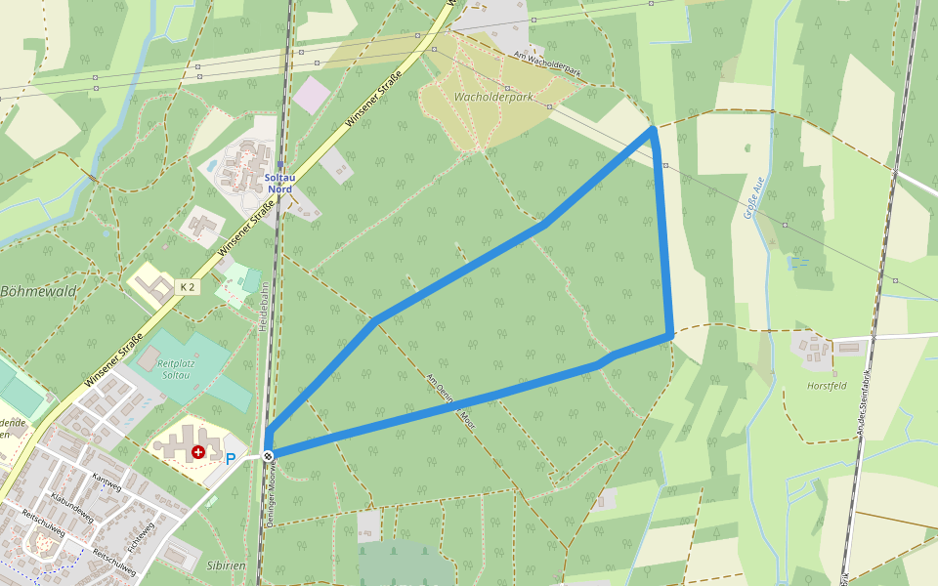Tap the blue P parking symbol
231,458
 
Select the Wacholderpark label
493,98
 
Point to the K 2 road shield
187,287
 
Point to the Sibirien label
226,565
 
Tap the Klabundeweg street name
71,507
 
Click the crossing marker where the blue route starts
268,456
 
